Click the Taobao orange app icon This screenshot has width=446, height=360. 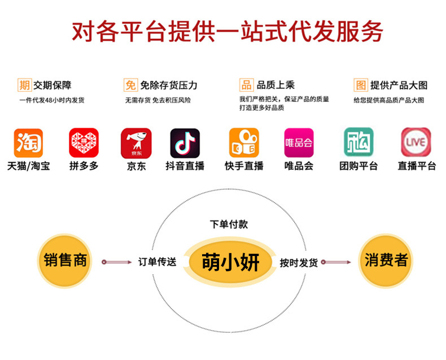point(28,143)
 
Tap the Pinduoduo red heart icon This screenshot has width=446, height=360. point(84,143)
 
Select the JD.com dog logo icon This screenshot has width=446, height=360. point(136,143)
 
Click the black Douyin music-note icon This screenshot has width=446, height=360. point(185,143)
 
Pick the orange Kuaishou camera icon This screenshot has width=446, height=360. point(244,143)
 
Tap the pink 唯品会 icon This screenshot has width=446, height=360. point(299,143)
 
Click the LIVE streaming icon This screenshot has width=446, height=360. point(416,142)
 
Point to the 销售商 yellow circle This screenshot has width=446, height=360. point(65,261)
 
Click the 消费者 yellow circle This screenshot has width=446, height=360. point(386,261)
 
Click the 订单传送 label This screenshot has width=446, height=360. point(158,262)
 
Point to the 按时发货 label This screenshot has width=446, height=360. point(299,263)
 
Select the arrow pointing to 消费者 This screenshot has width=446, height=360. point(338,262)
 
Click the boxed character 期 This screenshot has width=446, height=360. point(24,85)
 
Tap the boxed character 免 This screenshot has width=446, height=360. point(130,85)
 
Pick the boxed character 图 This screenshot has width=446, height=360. point(360,85)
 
